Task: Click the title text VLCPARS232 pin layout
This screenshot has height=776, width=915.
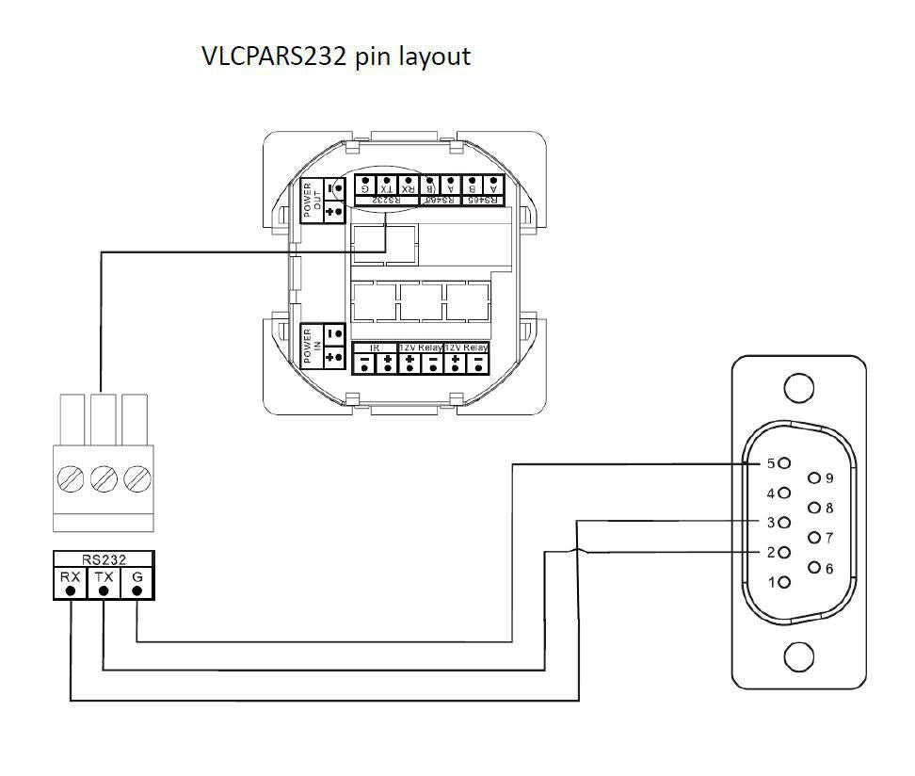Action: (336, 57)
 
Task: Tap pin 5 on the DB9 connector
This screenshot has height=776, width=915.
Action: (784, 463)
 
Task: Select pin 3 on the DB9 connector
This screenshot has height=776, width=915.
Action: (784, 522)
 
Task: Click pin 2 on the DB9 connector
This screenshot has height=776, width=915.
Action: (784, 552)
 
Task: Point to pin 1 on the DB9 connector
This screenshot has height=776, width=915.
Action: (784, 582)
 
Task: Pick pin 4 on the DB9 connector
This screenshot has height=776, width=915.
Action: (784, 493)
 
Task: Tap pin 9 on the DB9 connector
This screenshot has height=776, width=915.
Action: (815, 478)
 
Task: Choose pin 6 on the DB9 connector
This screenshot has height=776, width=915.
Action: (815, 568)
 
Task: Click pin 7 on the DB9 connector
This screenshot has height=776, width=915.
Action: (815, 538)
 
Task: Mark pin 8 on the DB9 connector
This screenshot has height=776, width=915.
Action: (815, 509)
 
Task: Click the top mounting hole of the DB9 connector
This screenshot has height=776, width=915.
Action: (798, 387)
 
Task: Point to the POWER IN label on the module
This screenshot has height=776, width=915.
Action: (310, 347)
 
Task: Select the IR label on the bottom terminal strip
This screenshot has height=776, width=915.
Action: (374, 348)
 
